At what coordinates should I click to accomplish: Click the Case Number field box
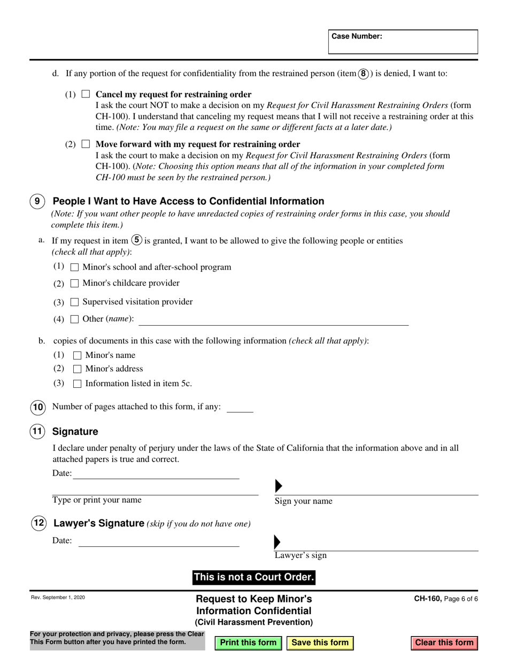tap(403, 42)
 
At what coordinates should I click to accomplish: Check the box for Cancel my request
tap(86, 95)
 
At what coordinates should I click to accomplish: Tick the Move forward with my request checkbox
tap(86, 144)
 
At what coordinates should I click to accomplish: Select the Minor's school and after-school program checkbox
tap(75, 267)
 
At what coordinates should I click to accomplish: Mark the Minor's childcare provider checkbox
tap(75, 284)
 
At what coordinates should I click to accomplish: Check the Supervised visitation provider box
tap(75, 302)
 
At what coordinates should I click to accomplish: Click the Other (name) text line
tap(273, 320)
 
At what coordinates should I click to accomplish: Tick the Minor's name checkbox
tap(77, 355)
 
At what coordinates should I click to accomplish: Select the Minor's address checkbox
tap(77, 369)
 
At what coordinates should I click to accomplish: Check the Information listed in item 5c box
tap(77, 384)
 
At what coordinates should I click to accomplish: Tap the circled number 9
tap(37, 202)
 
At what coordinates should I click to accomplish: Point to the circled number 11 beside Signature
tap(37, 431)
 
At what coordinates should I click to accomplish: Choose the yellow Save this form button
tap(320, 642)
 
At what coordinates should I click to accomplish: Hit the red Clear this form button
tap(444, 642)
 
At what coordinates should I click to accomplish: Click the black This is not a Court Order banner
tap(254, 577)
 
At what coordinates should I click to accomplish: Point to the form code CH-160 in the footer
tap(427, 599)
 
